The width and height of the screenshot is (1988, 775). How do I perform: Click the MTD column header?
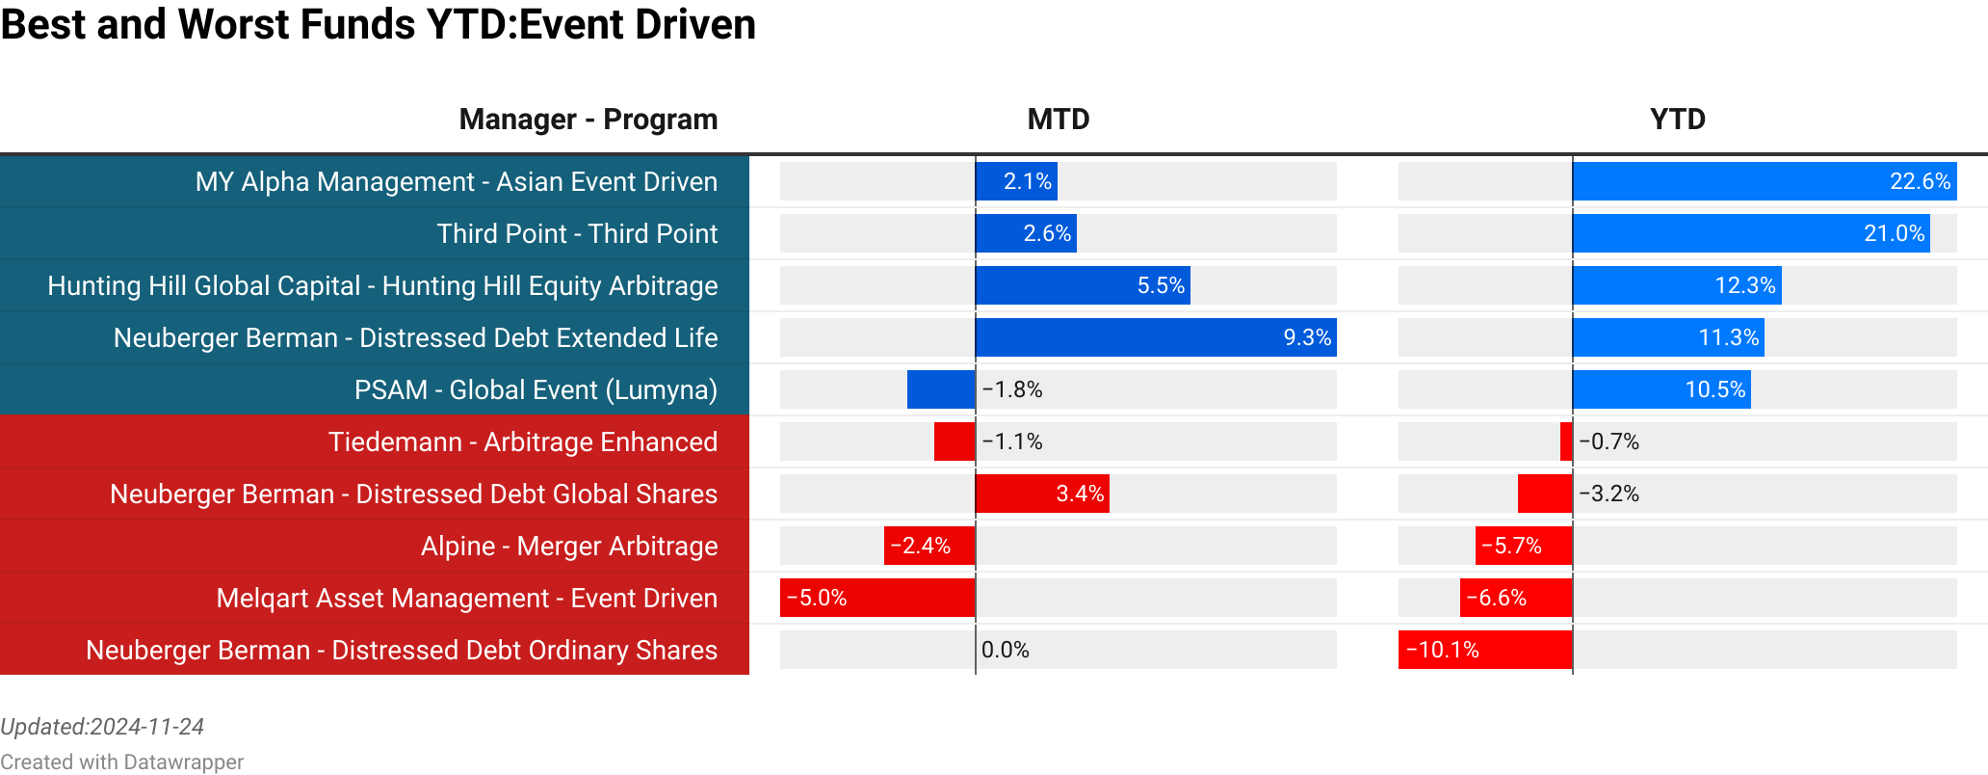point(1058,120)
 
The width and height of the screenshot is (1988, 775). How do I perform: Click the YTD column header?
point(1677,120)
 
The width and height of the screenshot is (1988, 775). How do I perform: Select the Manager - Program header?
point(588,120)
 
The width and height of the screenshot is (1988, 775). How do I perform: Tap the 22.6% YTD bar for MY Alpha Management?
point(1764,181)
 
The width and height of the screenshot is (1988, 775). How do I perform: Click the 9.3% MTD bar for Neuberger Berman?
point(1155,337)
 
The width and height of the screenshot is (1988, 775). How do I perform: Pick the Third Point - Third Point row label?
point(577,234)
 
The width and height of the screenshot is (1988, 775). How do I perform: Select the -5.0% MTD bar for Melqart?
point(876,598)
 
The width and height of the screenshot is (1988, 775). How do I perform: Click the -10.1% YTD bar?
point(1484,650)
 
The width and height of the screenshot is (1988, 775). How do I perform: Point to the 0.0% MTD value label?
point(1005,650)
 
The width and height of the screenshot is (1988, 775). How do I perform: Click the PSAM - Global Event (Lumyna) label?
point(536,390)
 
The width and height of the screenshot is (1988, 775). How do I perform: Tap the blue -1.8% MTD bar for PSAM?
point(941,389)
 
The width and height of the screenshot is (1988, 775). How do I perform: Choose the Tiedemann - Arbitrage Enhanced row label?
point(522,442)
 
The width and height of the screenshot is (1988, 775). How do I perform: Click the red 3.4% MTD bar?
point(1041,494)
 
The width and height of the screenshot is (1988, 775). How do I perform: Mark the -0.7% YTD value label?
point(1609,441)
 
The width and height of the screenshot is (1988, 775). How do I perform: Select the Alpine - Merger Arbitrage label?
point(568,547)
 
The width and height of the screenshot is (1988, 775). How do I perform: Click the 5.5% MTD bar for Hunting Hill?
point(1082,285)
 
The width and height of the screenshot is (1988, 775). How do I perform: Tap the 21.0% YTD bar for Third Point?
point(1750,233)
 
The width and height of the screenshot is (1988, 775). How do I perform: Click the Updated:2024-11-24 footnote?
point(102,727)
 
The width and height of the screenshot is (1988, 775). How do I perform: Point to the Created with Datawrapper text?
point(121,762)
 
